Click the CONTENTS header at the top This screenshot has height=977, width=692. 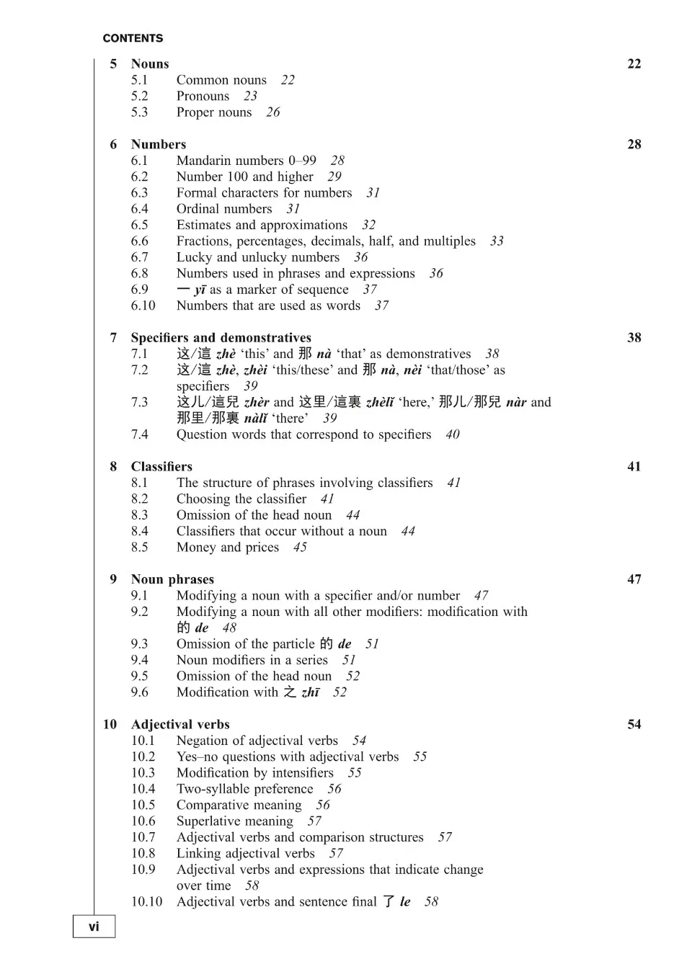[x=133, y=38]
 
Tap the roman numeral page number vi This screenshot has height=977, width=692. [x=94, y=927]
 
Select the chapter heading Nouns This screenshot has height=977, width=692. [x=150, y=63]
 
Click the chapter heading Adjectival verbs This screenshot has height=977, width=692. [x=180, y=724]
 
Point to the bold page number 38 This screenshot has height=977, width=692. [x=634, y=337]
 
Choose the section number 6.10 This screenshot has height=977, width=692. [x=143, y=305]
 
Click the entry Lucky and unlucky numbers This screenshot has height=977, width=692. [x=257, y=257]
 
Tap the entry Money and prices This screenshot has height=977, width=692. [x=227, y=547]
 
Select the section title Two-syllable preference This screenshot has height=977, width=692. [x=244, y=789]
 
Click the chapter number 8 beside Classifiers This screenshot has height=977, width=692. [x=113, y=466]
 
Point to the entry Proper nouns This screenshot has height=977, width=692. [x=214, y=112]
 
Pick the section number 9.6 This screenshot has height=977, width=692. [x=139, y=692]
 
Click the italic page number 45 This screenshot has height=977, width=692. [x=300, y=548]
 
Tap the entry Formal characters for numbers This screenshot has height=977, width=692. [x=264, y=192]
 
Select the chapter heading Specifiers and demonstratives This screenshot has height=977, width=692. [x=221, y=337]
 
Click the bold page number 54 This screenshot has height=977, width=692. [x=634, y=724]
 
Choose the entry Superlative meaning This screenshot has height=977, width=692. [x=234, y=821]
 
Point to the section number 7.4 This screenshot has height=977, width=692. [x=139, y=434]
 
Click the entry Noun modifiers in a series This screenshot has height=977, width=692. [x=252, y=660]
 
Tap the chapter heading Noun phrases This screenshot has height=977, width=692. [x=172, y=579]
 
